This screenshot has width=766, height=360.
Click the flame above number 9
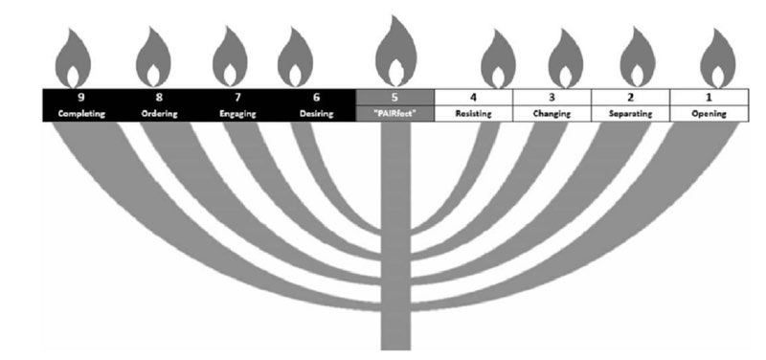[x=76, y=60]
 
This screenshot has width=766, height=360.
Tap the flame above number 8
[x=153, y=60]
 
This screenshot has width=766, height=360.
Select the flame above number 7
[x=230, y=60]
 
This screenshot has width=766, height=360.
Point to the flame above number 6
[x=296, y=60]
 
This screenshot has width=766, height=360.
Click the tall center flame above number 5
[x=395, y=53]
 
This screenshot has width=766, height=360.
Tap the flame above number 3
[x=566, y=62]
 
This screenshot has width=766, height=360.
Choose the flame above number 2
[x=639, y=62]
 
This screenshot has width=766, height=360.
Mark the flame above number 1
[x=717, y=62]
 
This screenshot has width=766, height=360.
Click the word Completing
[x=80, y=114]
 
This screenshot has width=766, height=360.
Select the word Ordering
[x=159, y=114]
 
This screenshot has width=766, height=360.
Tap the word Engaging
[x=238, y=114]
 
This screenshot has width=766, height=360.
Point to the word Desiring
[x=317, y=114]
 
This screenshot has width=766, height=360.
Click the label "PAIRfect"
[x=395, y=114]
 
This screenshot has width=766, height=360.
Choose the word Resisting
[x=473, y=114]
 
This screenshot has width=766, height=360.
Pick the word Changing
[x=552, y=114]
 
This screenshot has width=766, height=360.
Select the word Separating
[x=629, y=114]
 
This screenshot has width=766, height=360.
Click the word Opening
[x=708, y=114]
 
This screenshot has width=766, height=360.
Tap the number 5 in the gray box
[x=395, y=98]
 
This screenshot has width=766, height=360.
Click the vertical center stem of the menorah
[x=395, y=239]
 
